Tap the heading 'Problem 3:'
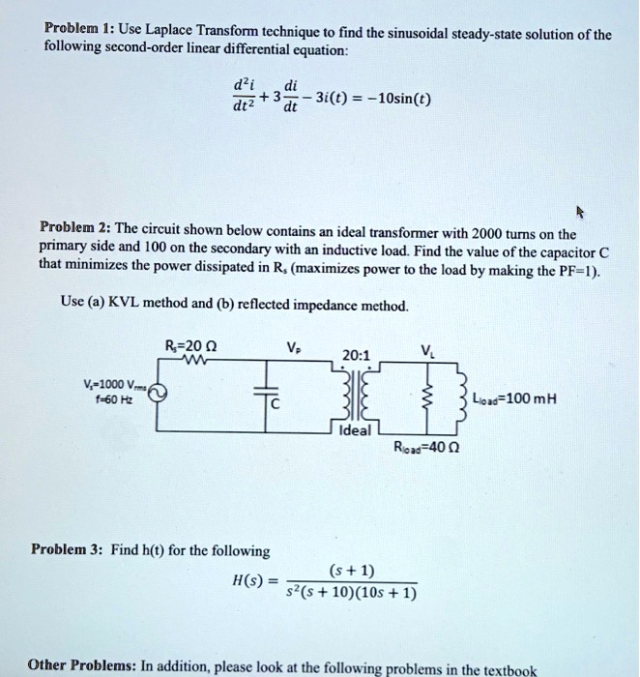[x=69, y=549]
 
